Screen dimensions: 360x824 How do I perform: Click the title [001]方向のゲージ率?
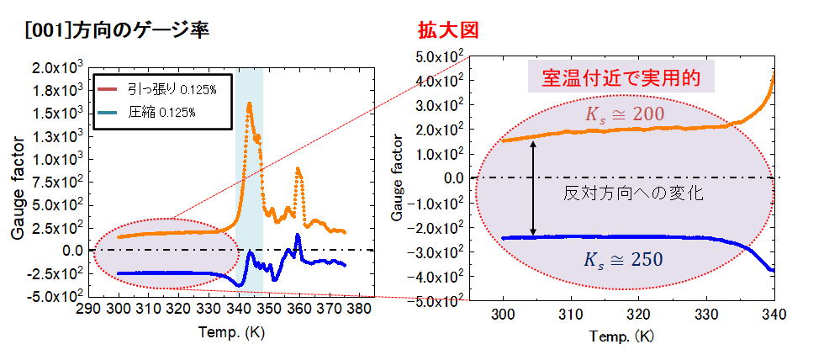(118, 31)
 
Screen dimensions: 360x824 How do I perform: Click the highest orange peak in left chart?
(249, 104)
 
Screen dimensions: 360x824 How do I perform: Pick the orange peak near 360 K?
(298, 169)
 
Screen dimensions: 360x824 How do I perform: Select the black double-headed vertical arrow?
(532, 188)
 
